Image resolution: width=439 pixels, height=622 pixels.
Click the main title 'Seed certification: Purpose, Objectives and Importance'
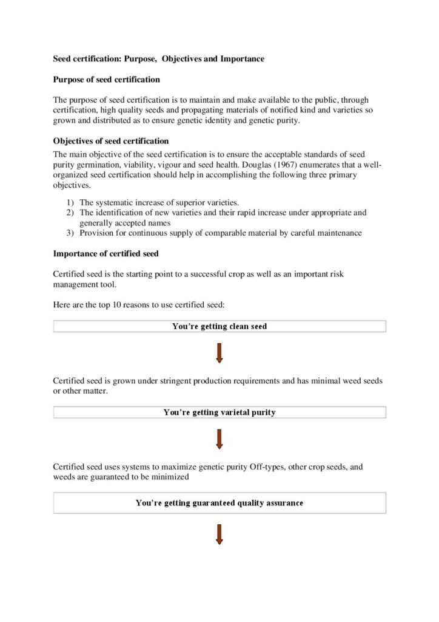pyautogui.click(x=159, y=59)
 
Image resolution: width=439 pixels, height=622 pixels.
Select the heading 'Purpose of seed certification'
pyautogui.click(x=107, y=80)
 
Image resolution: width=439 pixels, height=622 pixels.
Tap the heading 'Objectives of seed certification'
pyautogui.click(x=111, y=141)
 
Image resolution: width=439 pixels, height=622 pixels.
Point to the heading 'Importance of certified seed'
pyautogui.click(x=106, y=253)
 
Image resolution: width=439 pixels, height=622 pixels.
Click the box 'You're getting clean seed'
pyautogui.click(x=219, y=326)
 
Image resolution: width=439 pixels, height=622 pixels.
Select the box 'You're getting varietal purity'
pyautogui.click(x=219, y=412)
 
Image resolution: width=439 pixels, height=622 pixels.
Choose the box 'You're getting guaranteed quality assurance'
pyautogui.click(x=219, y=503)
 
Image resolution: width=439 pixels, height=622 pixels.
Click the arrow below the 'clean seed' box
pyautogui.click(x=219, y=353)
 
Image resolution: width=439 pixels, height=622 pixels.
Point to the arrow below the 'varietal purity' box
pyautogui.click(x=219, y=439)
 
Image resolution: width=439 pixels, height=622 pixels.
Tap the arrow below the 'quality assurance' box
pyautogui.click(x=219, y=533)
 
